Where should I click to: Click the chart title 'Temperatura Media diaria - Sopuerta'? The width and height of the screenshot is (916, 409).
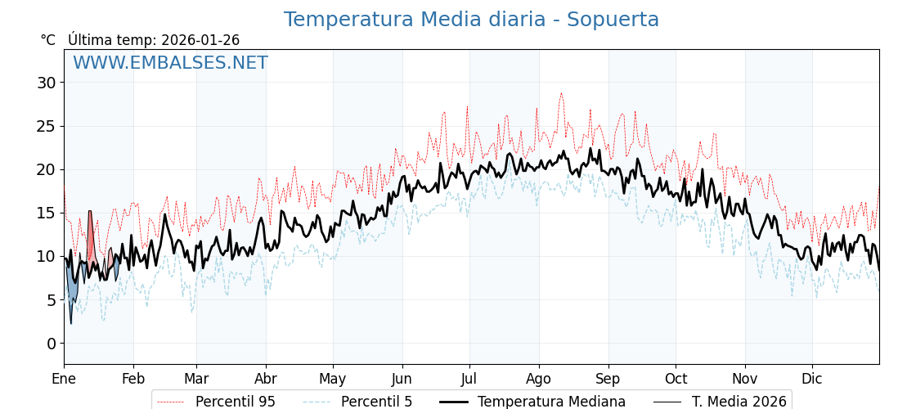[x=471, y=20]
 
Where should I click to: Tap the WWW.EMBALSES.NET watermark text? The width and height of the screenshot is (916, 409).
[x=170, y=63]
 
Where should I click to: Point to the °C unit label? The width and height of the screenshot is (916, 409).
[x=48, y=40]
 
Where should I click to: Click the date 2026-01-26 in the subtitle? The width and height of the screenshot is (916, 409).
[x=200, y=40]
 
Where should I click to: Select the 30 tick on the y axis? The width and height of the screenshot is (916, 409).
[x=46, y=83]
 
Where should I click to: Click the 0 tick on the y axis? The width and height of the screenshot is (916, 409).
[x=51, y=344]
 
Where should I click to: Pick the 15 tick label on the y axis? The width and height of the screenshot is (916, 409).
[x=46, y=213]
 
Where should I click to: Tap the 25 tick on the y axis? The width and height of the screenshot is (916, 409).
[x=46, y=126]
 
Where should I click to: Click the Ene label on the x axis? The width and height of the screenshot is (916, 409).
[x=64, y=379]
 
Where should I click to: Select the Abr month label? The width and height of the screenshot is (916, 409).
[x=266, y=379]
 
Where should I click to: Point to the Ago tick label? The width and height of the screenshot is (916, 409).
[x=539, y=379]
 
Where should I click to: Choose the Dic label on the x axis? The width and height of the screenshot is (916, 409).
[x=812, y=379]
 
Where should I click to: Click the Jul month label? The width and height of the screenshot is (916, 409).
[x=469, y=379]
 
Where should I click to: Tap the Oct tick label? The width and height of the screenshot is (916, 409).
[x=676, y=379]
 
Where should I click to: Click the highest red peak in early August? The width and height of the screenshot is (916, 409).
[x=561, y=93]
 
